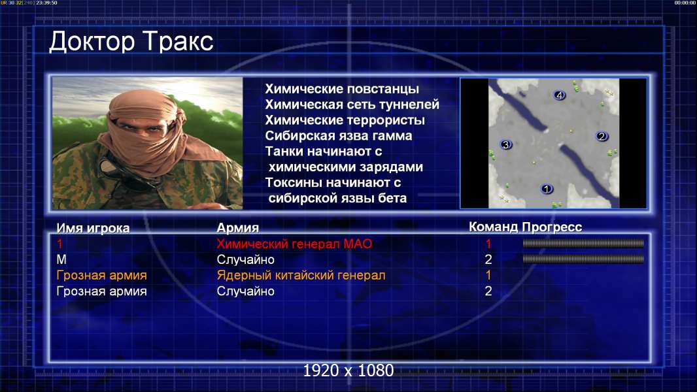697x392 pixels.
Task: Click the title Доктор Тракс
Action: (x=131, y=42)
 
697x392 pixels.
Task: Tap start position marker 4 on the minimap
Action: (x=559, y=95)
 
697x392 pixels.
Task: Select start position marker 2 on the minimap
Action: (x=602, y=136)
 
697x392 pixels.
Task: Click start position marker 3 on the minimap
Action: (x=505, y=144)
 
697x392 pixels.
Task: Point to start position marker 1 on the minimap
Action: (x=547, y=189)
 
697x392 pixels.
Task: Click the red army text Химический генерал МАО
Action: (x=294, y=244)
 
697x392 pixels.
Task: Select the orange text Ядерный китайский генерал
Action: (x=301, y=275)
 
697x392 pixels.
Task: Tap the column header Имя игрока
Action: (x=93, y=228)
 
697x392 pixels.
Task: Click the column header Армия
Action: (x=238, y=228)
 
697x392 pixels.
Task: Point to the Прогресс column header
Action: (x=552, y=227)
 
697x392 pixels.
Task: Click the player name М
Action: (x=61, y=260)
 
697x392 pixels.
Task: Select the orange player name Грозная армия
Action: (x=101, y=275)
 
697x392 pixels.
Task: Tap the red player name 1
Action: (x=59, y=244)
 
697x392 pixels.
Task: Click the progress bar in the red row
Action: (x=583, y=243)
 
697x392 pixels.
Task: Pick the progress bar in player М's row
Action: (x=583, y=259)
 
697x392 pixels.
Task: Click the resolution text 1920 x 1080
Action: (x=348, y=370)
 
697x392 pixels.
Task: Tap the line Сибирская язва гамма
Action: (x=339, y=136)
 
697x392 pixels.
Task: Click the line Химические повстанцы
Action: (x=342, y=90)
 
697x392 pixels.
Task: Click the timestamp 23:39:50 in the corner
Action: (x=46, y=3)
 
